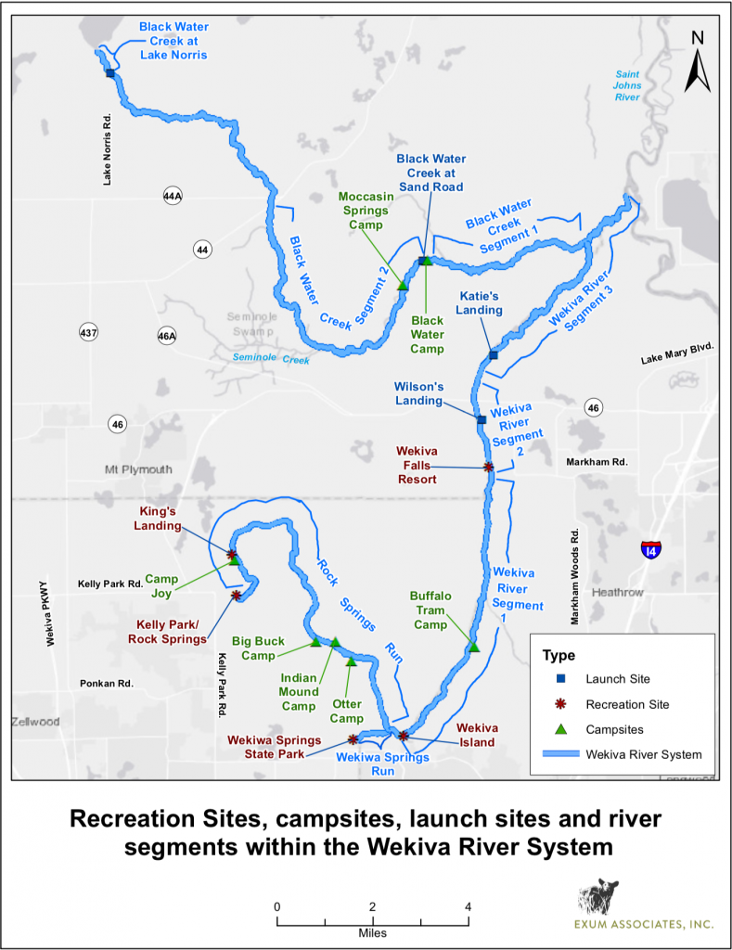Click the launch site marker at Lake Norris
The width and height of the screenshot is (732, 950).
point(110,73)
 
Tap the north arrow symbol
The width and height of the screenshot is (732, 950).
point(698,62)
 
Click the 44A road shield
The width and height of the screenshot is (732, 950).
point(172,197)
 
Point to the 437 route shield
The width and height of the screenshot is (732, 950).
point(88,332)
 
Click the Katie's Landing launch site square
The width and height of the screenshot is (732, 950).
point(494,355)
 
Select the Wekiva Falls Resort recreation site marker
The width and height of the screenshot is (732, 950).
point(489,468)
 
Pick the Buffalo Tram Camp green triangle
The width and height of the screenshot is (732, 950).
point(474,647)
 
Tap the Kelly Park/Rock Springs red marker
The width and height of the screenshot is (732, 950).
point(237,596)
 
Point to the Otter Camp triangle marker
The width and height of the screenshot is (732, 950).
point(351,661)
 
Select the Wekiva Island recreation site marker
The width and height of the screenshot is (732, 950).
point(404,736)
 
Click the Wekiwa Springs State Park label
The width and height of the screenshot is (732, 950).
point(276,746)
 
